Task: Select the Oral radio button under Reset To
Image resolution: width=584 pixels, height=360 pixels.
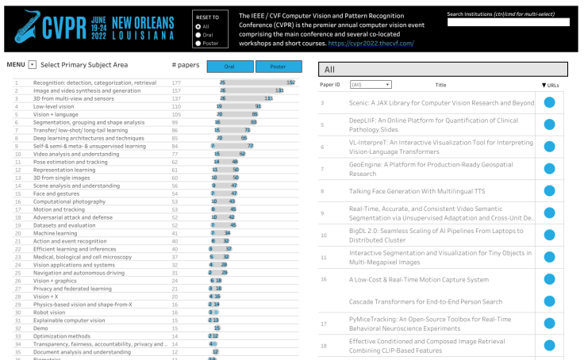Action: [x=198, y=34]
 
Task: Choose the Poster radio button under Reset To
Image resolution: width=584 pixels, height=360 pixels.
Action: [x=198, y=43]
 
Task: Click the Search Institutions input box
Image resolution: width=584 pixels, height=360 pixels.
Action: [x=508, y=23]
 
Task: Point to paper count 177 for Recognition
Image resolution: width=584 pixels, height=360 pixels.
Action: [x=176, y=82]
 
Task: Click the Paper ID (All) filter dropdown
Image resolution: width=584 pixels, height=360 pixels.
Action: [x=371, y=83]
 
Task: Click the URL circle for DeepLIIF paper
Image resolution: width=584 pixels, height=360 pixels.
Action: [x=549, y=125]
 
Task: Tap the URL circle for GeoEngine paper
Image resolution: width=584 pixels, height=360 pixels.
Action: [x=549, y=169]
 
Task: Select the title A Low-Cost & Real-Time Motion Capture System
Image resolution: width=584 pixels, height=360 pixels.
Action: [x=419, y=279]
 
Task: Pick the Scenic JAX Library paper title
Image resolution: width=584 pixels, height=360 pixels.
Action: [x=441, y=103]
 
